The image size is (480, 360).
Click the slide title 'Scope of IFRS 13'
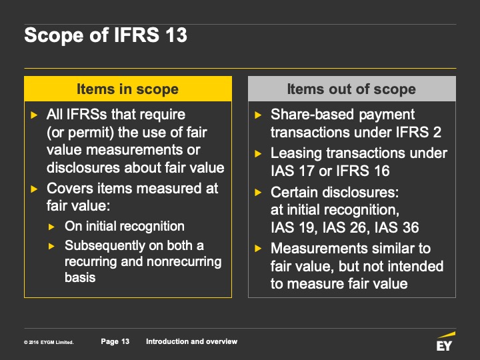105,35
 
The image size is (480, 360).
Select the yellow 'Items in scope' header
128,89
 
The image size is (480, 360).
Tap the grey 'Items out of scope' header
352,89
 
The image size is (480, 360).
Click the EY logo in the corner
445,341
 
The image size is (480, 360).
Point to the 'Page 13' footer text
115,341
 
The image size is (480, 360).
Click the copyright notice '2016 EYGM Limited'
49,342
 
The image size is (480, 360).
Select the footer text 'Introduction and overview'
191,341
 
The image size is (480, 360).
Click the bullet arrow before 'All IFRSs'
34,115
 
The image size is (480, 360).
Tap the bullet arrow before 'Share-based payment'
258,115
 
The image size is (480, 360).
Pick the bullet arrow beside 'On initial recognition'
51,227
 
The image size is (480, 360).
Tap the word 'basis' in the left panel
80,277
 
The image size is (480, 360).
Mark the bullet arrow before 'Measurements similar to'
258,248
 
